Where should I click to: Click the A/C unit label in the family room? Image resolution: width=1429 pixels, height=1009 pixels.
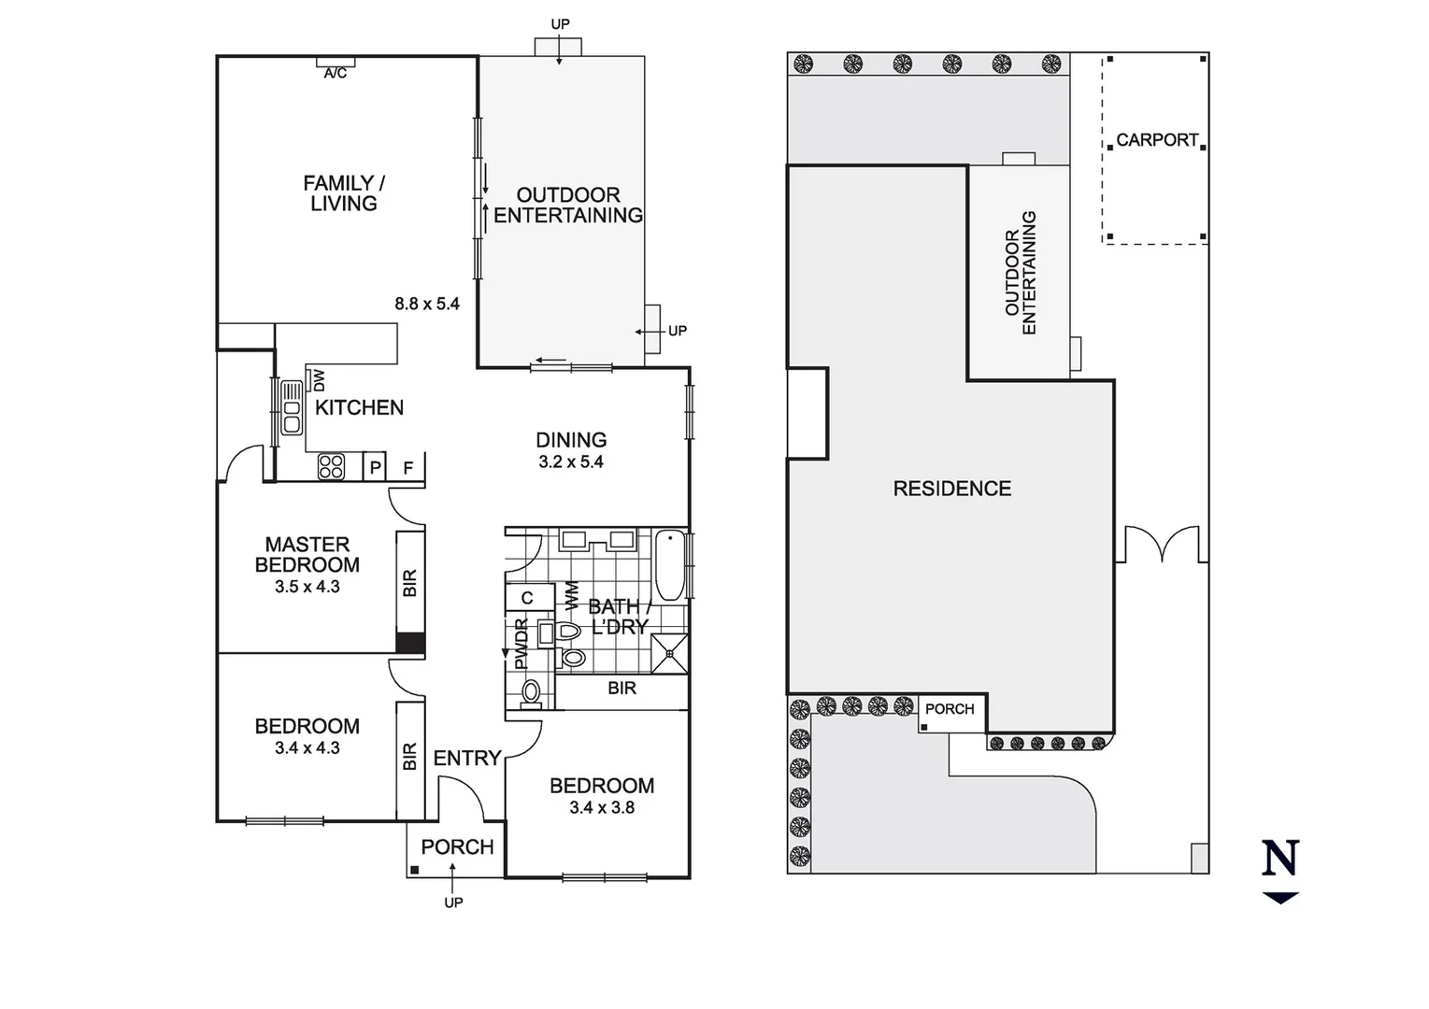pos(336,73)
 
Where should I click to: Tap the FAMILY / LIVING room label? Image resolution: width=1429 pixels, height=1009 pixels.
pos(343,193)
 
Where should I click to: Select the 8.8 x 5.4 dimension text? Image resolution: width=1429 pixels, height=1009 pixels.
pos(427,303)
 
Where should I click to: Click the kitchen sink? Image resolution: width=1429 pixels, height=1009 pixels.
pos(292,408)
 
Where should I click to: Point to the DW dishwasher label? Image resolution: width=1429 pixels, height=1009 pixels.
pos(319,380)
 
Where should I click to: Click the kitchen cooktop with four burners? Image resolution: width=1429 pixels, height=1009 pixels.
pos(331,466)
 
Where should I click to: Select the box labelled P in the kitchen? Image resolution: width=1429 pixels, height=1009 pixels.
pos(375,467)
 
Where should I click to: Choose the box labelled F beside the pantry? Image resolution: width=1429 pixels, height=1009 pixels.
pos(408,467)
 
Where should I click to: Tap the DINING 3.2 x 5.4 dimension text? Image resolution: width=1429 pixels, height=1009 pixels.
pos(571,462)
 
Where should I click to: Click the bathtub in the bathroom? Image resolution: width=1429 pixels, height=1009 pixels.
pos(670,565)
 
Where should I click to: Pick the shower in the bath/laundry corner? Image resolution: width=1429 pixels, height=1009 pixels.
pos(670,653)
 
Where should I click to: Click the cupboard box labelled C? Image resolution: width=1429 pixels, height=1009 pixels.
pos(527,598)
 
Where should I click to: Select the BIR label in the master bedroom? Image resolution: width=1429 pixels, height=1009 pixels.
pos(409,583)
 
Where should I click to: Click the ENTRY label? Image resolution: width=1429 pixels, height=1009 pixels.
pos(467,758)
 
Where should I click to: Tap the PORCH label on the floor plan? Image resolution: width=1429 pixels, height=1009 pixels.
pos(457,846)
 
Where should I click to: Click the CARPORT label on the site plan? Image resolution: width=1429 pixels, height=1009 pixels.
pos(1156,140)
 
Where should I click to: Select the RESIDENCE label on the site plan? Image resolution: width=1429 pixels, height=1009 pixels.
pos(951,489)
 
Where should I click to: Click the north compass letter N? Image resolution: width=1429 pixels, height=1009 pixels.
pos(1280,858)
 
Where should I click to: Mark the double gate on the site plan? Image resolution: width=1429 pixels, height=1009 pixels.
pos(1162,545)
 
